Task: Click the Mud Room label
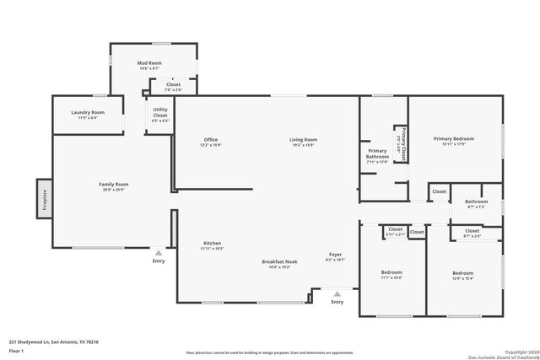tap(149, 63)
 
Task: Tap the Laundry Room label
tap(88, 113)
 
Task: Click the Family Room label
tap(113, 184)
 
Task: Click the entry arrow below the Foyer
tap(337, 294)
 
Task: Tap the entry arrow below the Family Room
tap(158, 253)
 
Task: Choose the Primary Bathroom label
tap(377, 153)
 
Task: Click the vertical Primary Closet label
tap(403, 143)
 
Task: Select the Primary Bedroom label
tap(454, 139)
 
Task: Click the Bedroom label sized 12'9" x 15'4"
tap(462, 273)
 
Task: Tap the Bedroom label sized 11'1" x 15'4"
tap(391, 273)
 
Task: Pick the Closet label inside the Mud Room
tap(173, 84)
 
